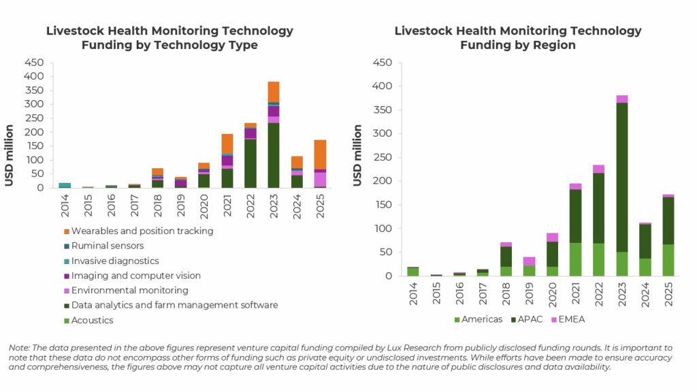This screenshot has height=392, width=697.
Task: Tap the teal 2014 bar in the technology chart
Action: pyautogui.click(x=65, y=184)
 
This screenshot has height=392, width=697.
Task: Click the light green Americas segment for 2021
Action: pyautogui.click(x=576, y=259)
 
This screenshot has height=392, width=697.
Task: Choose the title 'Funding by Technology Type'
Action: pyautogui.click(x=169, y=46)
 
